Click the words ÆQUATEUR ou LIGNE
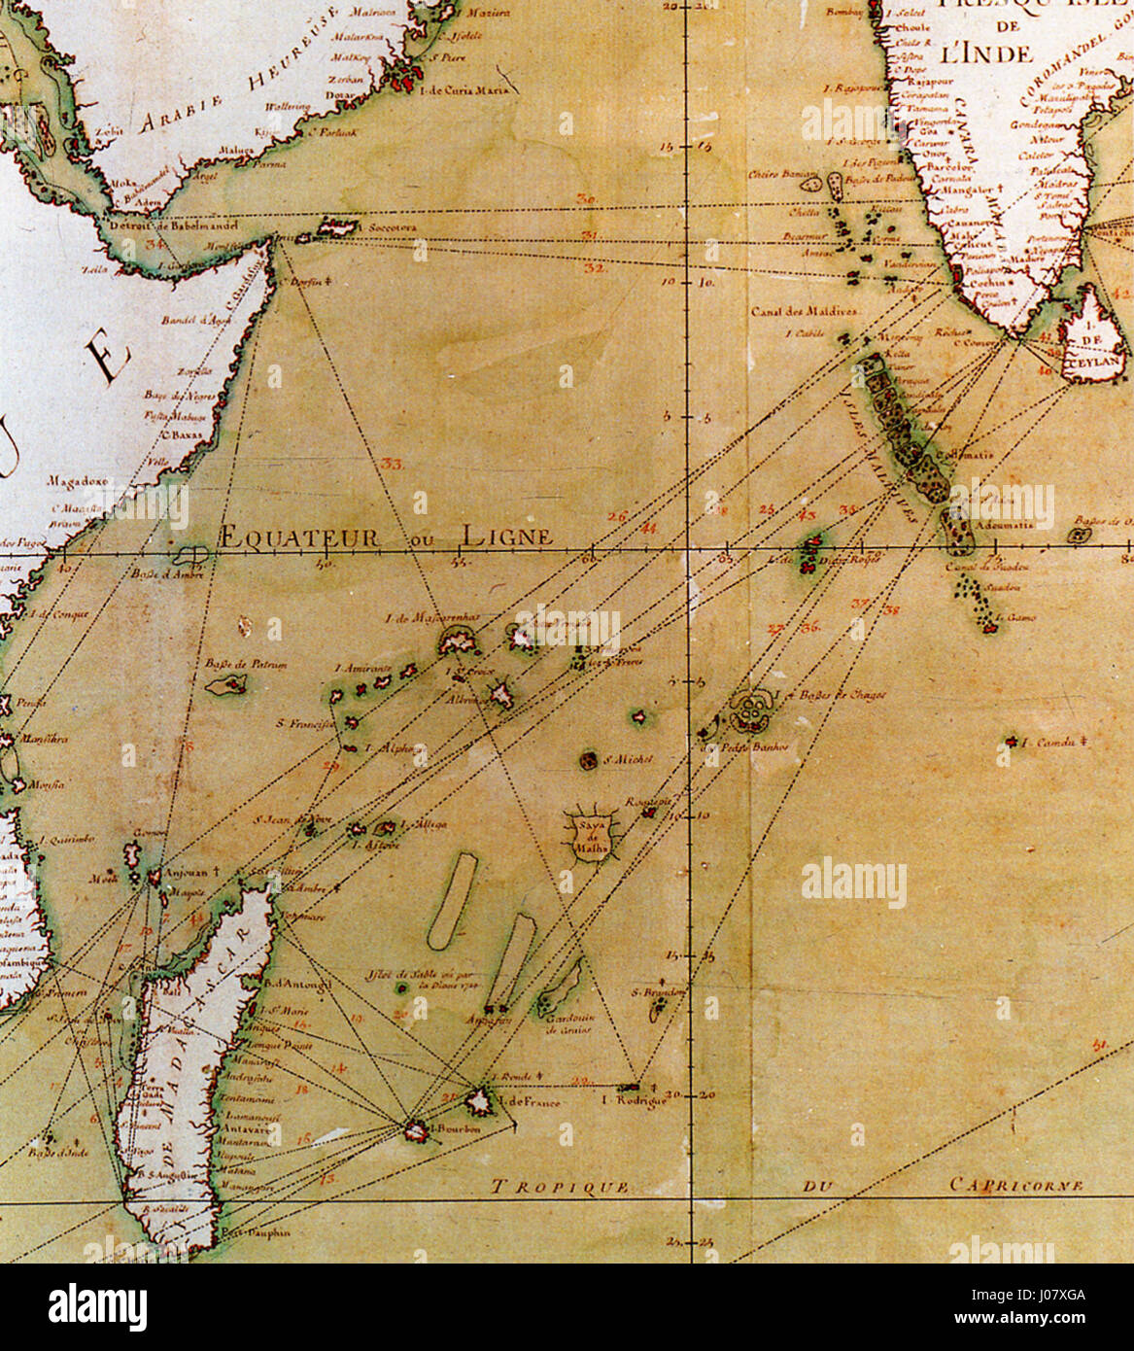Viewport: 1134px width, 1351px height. point(387,537)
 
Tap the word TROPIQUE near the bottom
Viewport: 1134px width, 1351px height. point(559,1187)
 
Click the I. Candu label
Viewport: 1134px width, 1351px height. point(1049,744)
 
